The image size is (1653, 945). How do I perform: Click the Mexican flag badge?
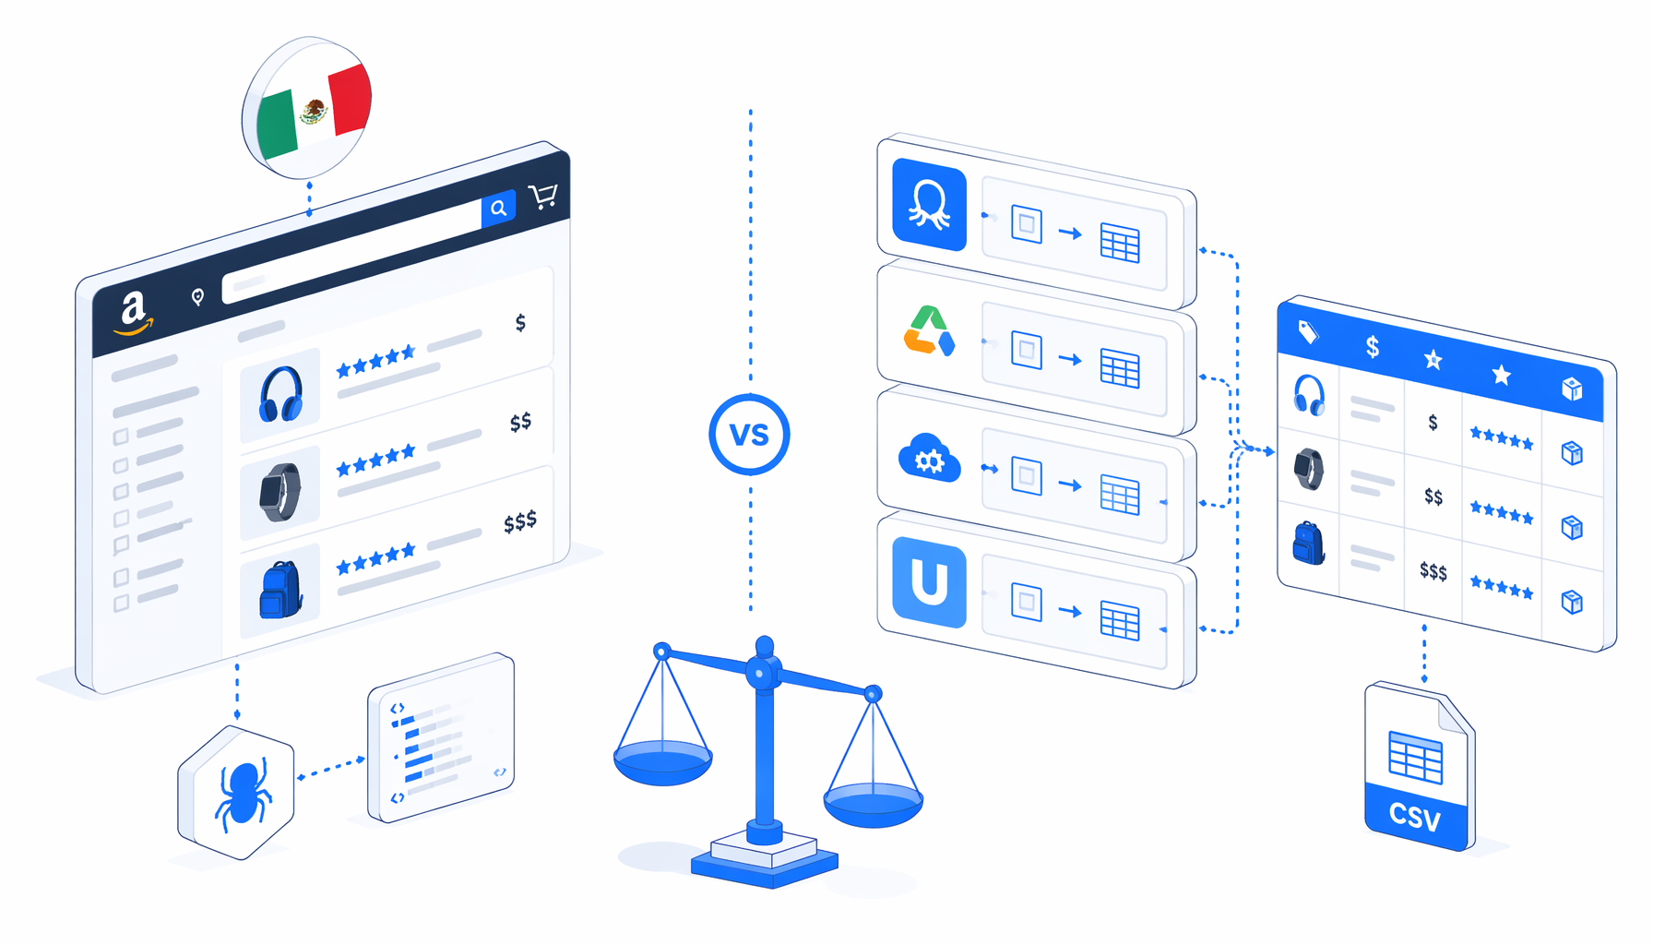pyautogui.click(x=307, y=109)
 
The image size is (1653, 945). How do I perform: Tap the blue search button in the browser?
pyautogui.click(x=498, y=209)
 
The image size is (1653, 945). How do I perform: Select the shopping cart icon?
pyautogui.click(x=543, y=196)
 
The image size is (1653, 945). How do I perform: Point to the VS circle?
pyautogui.click(x=749, y=435)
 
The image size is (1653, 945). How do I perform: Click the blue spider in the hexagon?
pyautogui.click(x=243, y=791)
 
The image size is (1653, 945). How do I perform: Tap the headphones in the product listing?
pyautogui.click(x=280, y=394)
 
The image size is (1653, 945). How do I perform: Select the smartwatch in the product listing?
pyautogui.click(x=280, y=492)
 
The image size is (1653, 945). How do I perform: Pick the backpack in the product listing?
pyautogui.click(x=281, y=589)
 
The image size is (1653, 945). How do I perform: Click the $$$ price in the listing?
pyautogui.click(x=520, y=522)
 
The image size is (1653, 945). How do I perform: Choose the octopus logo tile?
pyautogui.click(x=929, y=205)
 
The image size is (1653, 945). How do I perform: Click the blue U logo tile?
pyautogui.click(x=929, y=583)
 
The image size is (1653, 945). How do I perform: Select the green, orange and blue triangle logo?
pyautogui.click(x=929, y=331)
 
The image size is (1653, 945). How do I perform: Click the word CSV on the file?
pyautogui.click(x=1415, y=816)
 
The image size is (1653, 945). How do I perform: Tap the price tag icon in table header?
pyautogui.click(x=1308, y=332)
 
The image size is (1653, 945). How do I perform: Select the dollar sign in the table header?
pyautogui.click(x=1373, y=347)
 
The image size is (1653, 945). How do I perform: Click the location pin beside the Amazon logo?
pyautogui.click(x=197, y=296)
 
